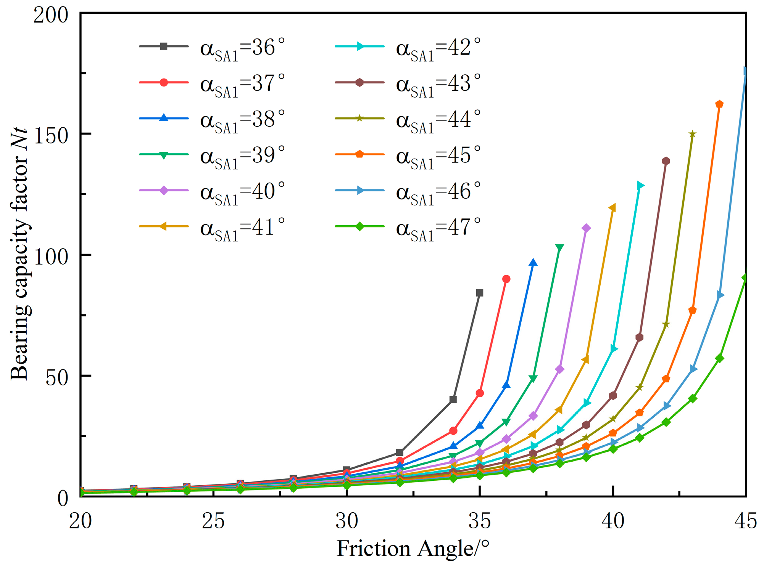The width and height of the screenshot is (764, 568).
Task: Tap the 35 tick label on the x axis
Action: point(479,521)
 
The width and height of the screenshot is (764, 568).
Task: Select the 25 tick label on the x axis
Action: point(213,521)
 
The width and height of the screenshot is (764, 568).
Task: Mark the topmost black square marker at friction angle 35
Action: point(480,293)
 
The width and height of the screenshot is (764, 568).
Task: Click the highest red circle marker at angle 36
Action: point(506,279)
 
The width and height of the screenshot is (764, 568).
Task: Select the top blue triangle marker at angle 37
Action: point(533,262)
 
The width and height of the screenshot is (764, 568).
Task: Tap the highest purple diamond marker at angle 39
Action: point(586,228)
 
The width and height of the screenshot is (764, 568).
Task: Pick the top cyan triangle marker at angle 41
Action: point(640,186)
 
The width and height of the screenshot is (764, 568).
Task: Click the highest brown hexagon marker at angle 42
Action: point(666,161)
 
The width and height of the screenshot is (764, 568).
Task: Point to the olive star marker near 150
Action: point(693,134)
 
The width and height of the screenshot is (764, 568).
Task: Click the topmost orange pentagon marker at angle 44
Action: point(719,104)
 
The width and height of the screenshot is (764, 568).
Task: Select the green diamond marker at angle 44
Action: point(719,359)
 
